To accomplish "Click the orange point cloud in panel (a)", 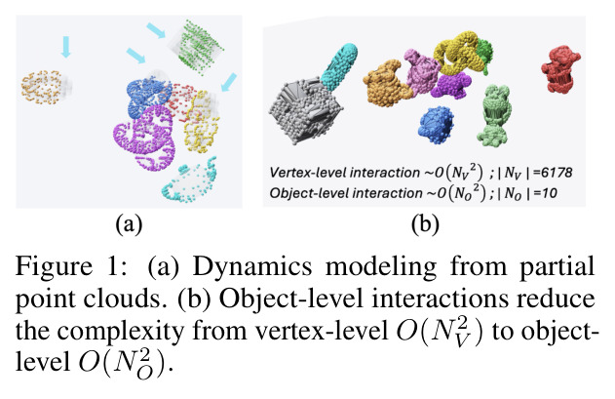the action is point(41,87).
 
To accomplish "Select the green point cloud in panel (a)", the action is point(199,47).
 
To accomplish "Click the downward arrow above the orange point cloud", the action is point(66,47).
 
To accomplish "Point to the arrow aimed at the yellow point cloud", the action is point(229,82).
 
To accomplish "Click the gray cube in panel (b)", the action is point(306,109).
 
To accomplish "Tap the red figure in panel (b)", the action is point(560,68).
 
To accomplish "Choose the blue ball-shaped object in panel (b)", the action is point(436,125).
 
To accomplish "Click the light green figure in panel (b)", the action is point(494,115).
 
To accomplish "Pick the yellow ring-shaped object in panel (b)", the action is point(457,53).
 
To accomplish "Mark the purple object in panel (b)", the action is point(450,86).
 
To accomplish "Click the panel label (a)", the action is point(129,224).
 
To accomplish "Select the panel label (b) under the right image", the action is point(425,224).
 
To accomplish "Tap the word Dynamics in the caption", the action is point(252,267).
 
